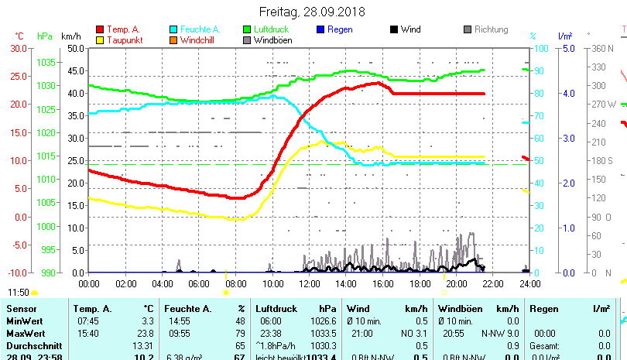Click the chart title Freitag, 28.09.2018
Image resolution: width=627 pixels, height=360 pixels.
[312, 12]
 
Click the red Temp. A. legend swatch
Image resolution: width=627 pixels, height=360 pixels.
[101, 29]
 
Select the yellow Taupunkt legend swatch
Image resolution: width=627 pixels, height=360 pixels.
[101, 39]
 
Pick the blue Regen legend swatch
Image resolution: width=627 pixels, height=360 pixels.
[322, 29]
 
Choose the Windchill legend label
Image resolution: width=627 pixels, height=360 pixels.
[199, 39]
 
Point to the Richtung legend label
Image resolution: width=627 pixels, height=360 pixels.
[491, 29]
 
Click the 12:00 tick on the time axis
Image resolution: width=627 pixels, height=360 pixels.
[309, 283]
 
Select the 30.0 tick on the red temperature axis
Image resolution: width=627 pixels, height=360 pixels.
[17, 48]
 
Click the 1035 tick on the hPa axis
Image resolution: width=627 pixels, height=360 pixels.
[46, 62]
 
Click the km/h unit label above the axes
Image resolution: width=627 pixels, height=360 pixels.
[70, 36]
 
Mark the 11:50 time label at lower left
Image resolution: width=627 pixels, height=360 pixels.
[19, 293]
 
